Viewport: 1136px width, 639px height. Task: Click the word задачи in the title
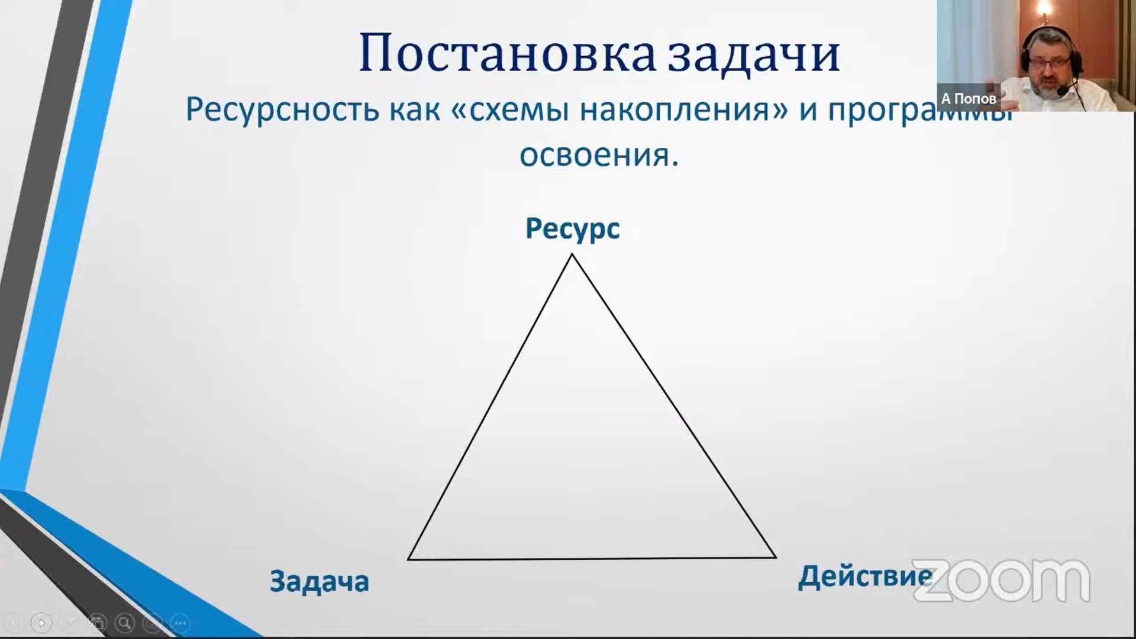click(x=754, y=54)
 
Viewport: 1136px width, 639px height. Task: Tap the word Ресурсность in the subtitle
click(x=282, y=109)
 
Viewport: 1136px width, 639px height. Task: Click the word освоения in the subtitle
click(x=595, y=156)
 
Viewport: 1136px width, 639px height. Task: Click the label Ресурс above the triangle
click(x=572, y=228)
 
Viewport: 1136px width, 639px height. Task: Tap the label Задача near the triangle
click(x=319, y=581)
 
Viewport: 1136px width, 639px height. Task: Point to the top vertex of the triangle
click(x=572, y=255)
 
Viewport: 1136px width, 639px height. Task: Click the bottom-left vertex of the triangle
click(x=409, y=559)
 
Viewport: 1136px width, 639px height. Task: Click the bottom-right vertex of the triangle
click(x=775, y=557)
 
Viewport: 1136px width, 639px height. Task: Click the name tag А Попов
click(x=969, y=99)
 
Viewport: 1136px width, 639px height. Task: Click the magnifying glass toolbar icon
click(x=124, y=622)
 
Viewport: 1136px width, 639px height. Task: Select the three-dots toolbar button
click(x=180, y=622)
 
